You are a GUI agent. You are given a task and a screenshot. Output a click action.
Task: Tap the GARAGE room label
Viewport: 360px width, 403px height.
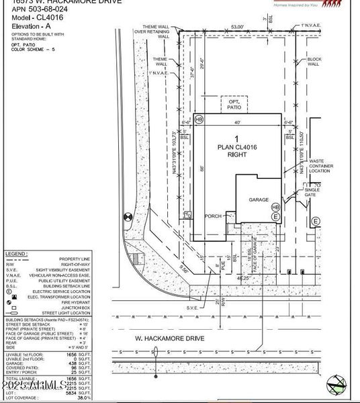click(x=259, y=199)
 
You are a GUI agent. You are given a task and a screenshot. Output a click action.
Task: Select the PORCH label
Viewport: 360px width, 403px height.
click(x=214, y=216)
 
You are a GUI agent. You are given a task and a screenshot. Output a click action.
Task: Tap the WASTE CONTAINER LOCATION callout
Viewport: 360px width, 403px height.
click(x=320, y=166)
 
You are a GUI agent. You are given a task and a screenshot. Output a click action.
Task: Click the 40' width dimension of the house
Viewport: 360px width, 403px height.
click(x=236, y=122)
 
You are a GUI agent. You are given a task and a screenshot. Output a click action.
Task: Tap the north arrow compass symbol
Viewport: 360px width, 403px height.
click(x=340, y=384)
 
